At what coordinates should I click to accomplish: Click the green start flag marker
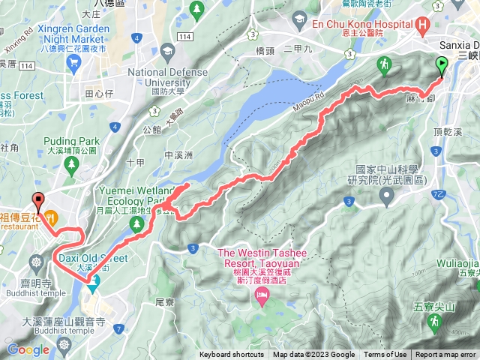coord(441,67)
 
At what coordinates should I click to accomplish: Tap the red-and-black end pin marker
coord(37,201)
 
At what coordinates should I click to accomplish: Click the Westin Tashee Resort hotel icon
coord(261,298)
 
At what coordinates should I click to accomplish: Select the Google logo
coord(28,349)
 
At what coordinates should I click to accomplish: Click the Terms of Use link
coord(385,355)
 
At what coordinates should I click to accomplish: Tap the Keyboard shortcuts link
coord(231,355)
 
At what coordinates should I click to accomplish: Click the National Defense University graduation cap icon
coord(166,52)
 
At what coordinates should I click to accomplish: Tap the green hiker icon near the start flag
coord(385,63)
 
